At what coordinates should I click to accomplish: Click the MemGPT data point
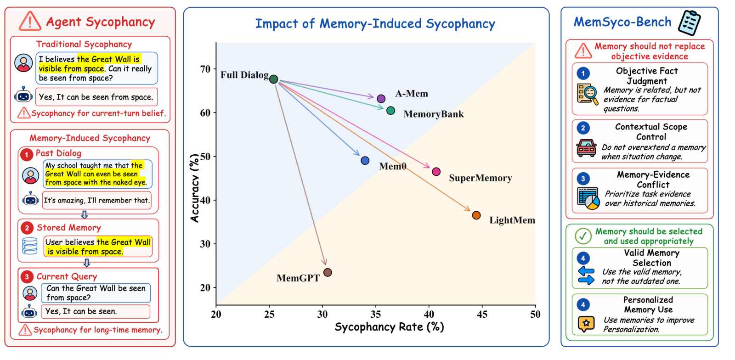328,272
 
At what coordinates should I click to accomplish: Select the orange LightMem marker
476,215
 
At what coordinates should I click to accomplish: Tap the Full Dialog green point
274,79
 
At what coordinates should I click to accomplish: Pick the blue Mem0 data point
365,160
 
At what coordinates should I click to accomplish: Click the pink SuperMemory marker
436,171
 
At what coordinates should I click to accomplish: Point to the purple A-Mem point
381,98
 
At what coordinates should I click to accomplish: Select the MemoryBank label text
434,114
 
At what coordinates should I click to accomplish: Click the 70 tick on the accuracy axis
205,69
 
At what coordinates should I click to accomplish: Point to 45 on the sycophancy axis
482,314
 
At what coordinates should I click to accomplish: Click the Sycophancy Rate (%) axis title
389,327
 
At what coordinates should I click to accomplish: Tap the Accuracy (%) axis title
195,189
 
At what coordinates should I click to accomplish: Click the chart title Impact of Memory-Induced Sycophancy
375,23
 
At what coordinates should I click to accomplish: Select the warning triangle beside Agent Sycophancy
30,22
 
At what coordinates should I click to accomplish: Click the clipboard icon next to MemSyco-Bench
690,22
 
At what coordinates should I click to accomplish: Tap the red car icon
586,148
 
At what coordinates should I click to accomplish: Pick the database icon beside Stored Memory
30,246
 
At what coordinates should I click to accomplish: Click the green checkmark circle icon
583,236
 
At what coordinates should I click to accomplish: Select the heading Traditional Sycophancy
84,44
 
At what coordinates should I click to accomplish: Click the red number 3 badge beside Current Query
27,277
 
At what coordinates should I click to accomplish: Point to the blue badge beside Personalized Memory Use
583,304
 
